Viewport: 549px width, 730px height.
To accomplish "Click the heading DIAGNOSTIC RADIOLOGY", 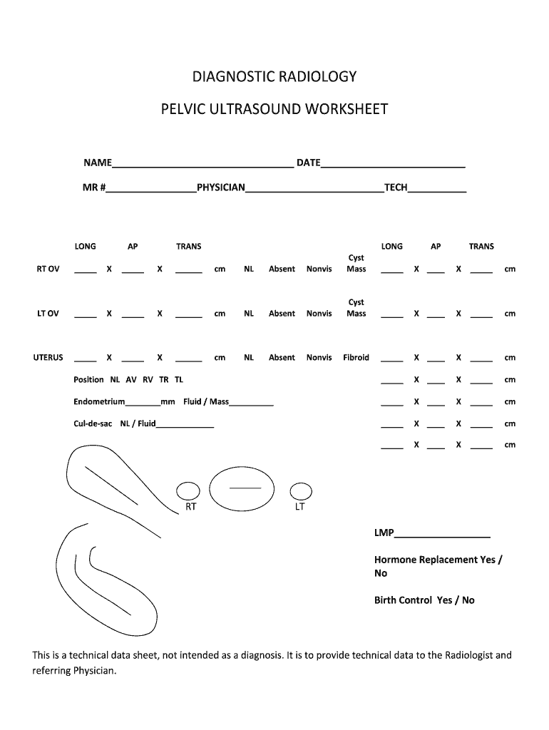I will tap(274, 76).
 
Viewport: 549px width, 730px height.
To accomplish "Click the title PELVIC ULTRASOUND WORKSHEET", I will tap(274, 110).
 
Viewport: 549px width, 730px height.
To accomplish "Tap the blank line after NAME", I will tap(202, 164).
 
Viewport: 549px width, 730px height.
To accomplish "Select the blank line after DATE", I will tap(393, 164).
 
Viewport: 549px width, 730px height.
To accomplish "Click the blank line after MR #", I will tap(151, 189).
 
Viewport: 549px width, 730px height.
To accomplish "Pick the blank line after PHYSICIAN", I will tap(314, 189).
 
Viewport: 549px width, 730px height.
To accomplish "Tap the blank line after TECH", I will tap(437, 189).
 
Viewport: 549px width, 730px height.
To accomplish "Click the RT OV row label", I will tap(48, 269).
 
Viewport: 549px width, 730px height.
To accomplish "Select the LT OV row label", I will tap(48, 314).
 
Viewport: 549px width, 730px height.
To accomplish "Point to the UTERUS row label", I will tap(48, 358).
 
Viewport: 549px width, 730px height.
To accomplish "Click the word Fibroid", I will tap(356, 358).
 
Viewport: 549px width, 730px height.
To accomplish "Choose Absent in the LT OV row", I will tap(282, 314).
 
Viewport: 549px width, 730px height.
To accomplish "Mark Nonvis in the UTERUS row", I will tap(319, 358).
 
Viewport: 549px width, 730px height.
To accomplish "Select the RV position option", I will tap(148, 380).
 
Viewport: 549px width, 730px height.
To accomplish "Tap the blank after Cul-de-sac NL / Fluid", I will tap(185, 426).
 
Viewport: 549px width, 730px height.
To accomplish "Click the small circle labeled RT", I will tap(188, 490).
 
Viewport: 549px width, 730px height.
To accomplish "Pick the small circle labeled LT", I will tap(301, 490).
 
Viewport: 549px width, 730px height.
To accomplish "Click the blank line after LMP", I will tap(442, 535).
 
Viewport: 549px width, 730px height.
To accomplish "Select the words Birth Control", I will tap(403, 600).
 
